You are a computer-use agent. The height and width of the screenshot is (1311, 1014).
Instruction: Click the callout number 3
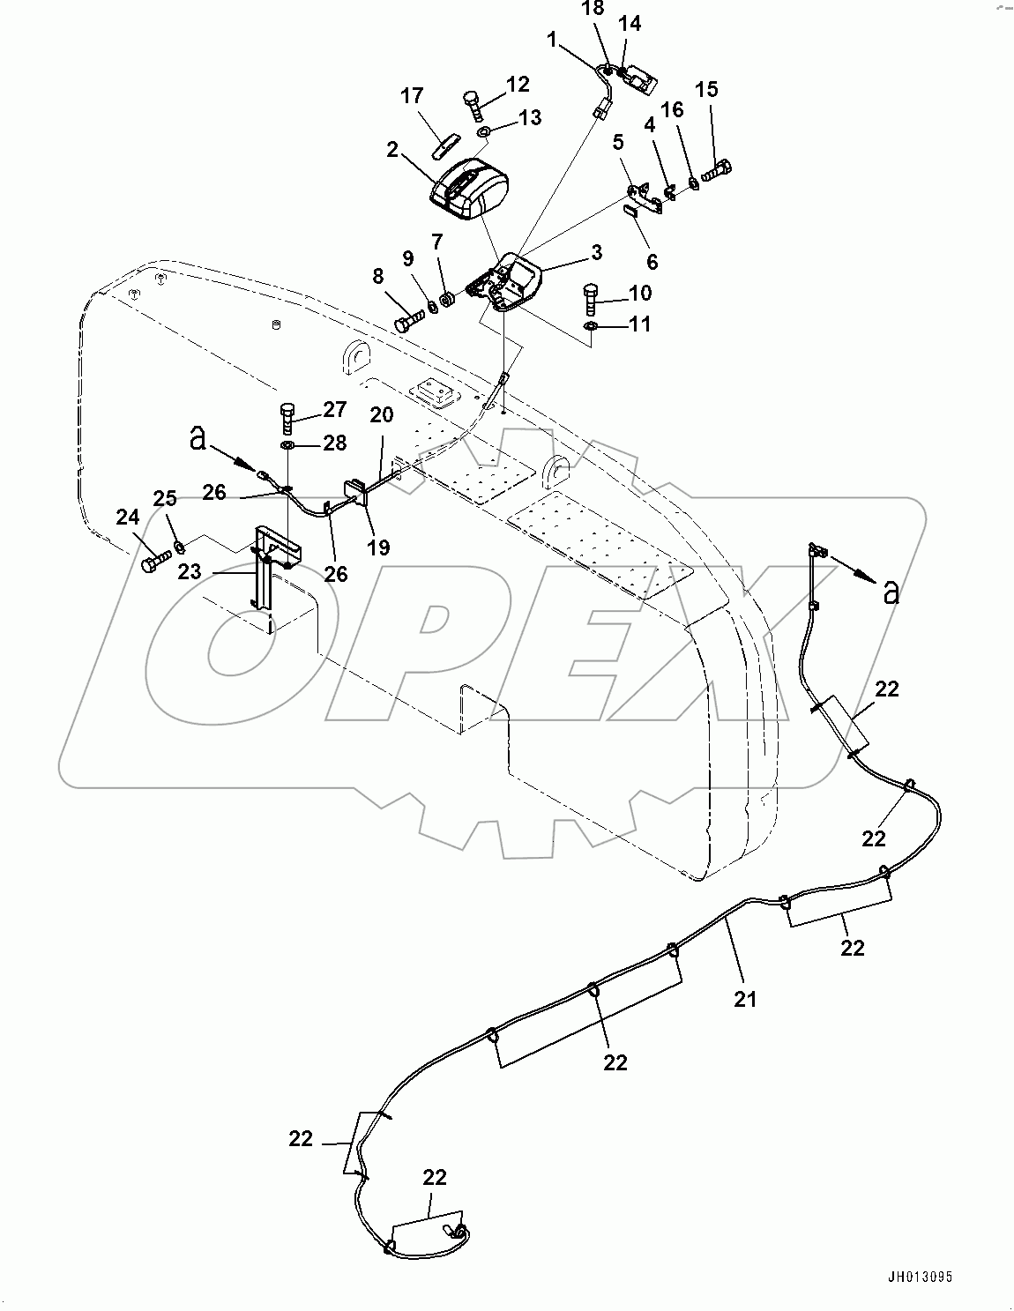click(x=597, y=253)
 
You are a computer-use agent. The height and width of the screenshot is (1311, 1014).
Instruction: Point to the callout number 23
click(x=189, y=571)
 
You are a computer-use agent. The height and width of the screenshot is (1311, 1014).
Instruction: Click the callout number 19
click(x=378, y=547)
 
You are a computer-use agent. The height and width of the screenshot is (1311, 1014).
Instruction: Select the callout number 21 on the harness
click(x=745, y=999)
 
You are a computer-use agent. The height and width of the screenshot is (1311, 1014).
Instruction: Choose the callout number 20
click(x=380, y=415)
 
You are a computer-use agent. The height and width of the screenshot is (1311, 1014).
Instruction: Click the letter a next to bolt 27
click(x=200, y=438)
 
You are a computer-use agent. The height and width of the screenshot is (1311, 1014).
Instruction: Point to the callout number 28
click(x=334, y=443)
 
